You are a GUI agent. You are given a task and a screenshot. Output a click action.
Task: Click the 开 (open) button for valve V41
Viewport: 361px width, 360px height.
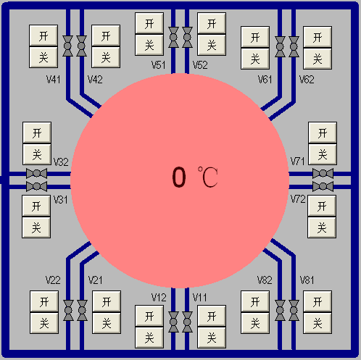click(43, 35)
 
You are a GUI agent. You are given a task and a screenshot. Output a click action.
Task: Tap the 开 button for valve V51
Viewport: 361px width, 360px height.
click(149, 23)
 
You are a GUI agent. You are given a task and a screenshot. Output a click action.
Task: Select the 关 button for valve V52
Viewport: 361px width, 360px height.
click(212, 45)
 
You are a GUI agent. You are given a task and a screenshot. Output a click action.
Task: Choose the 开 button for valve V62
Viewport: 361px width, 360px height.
click(318, 37)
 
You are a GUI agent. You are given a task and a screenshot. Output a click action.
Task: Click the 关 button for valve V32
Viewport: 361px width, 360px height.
click(37, 154)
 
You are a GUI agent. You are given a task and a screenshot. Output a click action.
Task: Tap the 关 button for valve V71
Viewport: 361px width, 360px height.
click(323, 154)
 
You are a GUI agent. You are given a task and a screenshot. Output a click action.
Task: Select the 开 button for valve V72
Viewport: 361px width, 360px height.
click(322, 206)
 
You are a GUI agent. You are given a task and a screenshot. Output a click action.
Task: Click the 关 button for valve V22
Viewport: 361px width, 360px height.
click(44, 323)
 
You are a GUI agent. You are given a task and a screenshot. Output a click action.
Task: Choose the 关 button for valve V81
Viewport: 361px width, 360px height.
click(318, 323)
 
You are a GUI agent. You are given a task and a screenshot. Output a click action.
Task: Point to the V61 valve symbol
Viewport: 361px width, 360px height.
click(280, 46)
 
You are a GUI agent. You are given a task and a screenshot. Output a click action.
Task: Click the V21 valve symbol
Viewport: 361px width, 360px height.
click(82, 311)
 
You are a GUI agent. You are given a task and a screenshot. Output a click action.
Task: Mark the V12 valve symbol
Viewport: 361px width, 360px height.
click(173, 322)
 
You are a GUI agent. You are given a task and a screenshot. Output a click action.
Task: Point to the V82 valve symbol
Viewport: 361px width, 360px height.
click(280, 311)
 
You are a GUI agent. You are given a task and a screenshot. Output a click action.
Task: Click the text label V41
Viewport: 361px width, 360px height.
click(54, 80)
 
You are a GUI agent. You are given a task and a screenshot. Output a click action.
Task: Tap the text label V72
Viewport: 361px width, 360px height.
click(298, 199)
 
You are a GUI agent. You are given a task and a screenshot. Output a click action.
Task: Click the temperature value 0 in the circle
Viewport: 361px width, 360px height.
click(179, 177)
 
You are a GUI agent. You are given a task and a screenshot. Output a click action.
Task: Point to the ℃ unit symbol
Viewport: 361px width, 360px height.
click(208, 177)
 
